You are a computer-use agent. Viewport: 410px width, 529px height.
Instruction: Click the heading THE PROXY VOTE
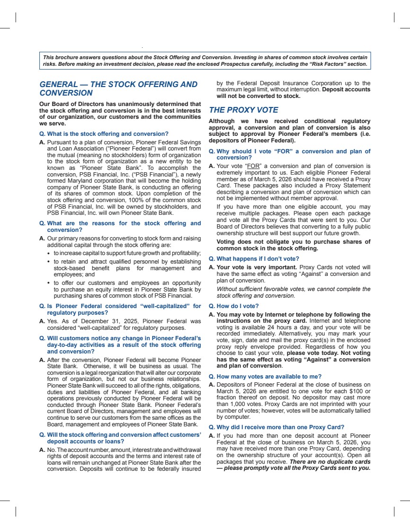pos(243,110)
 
